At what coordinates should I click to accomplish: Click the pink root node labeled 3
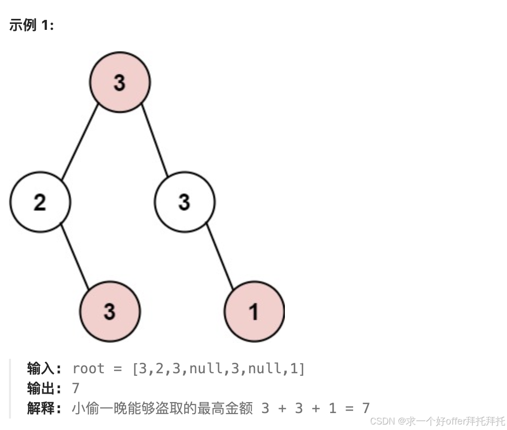120,82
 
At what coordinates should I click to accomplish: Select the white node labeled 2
40,202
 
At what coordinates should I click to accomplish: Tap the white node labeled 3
184,202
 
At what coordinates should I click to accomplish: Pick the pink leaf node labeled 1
254,312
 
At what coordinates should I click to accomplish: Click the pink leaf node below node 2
110,312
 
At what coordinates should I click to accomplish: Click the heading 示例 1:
31,25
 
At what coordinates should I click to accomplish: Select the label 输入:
44,369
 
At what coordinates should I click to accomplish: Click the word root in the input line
89,369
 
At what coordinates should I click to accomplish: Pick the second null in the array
264,369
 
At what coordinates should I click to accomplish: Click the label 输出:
44,388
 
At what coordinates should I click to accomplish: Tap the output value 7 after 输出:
76,388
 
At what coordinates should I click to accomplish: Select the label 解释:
44,408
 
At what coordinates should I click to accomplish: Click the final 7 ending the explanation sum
366,408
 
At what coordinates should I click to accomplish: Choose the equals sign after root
118,369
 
